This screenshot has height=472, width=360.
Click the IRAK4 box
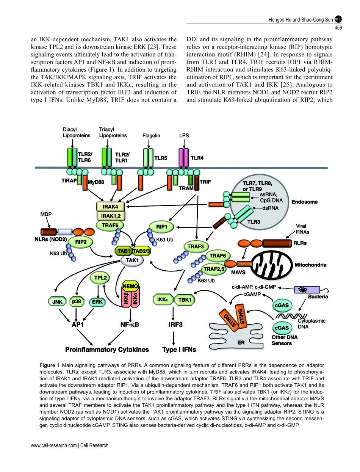[111, 207]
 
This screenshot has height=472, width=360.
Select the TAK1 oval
[132, 260]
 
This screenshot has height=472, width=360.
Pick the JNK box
[58, 302]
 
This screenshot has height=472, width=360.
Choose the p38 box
[77, 302]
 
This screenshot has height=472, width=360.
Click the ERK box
[97, 302]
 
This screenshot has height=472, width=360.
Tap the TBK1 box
[185, 300]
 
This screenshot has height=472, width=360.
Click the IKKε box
[163, 300]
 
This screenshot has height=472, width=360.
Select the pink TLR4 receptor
[183, 157]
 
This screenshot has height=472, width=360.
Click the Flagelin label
[151, 136]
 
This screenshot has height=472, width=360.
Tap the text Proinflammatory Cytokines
[107, 350]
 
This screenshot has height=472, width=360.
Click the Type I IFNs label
[179, 350]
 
